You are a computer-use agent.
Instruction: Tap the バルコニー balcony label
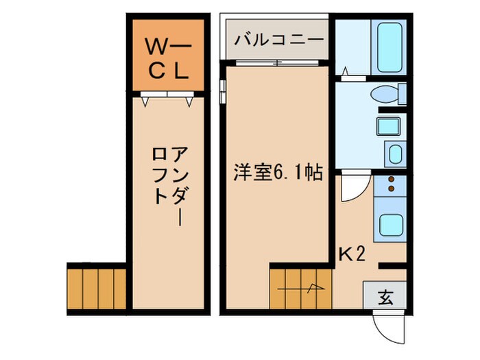pos(278,39)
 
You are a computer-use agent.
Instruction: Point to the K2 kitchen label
pos(352,254)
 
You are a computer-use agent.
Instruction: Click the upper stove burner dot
pos(392,180)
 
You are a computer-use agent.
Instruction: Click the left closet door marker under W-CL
pos(146,101)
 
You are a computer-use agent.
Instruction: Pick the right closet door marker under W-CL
pos(190,101)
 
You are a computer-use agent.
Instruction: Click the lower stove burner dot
pos(392,188)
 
